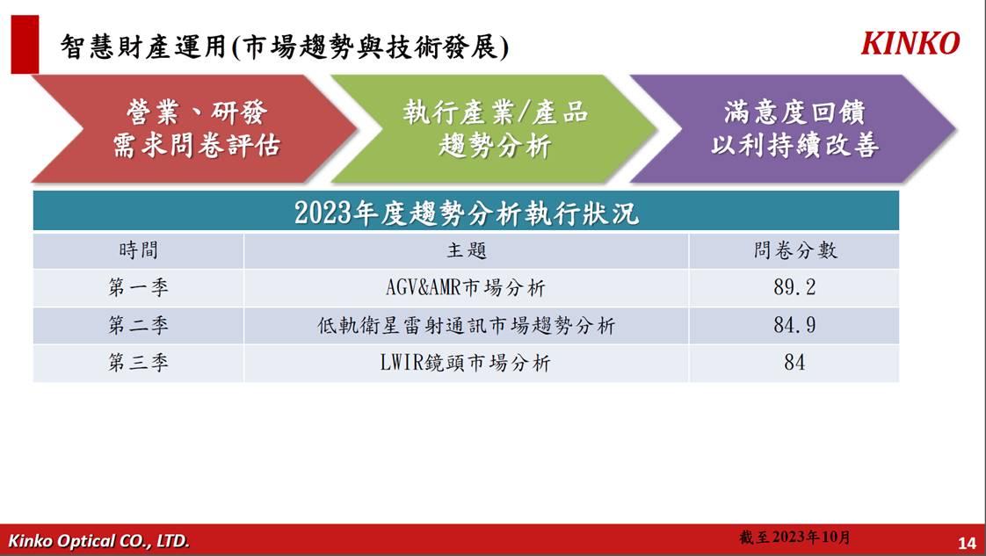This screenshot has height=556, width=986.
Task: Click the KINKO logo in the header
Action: click(x=910, y=43)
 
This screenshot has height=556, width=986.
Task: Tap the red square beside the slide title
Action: click(x=25, y=45)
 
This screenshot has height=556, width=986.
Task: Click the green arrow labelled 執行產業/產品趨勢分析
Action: click(x=494, y=129)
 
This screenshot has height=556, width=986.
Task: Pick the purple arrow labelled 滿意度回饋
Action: click(x=794, y=129)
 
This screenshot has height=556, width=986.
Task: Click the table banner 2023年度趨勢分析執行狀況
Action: click(x=466, y=213)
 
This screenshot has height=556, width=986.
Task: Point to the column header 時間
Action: click(x=138, y=250)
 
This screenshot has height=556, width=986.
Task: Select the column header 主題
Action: click(x=467, y=250)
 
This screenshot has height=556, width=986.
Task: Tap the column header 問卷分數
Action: click(x=794, y=250)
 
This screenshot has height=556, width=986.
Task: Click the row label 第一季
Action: click(x=138, y=288)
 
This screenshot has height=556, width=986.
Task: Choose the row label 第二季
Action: click(x=138, y=326)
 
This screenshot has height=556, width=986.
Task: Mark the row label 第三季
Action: click(x=138, y=363)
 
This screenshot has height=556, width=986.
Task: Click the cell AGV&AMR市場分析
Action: click(x=466, y=288)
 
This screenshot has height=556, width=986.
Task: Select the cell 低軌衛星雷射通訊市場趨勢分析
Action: click(x=466, y=326)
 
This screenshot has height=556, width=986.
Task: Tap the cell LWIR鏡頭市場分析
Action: click(x=466, y=363)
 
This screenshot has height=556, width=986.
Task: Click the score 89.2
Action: click(x=794, y=287)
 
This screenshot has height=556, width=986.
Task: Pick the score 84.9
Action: click(x=794, y=325)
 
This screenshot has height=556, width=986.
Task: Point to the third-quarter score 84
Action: click(x=794, y=363)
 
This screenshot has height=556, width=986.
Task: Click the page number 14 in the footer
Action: click(x=967, y=543)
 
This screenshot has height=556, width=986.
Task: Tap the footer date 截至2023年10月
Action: click(x=794, y=538)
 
